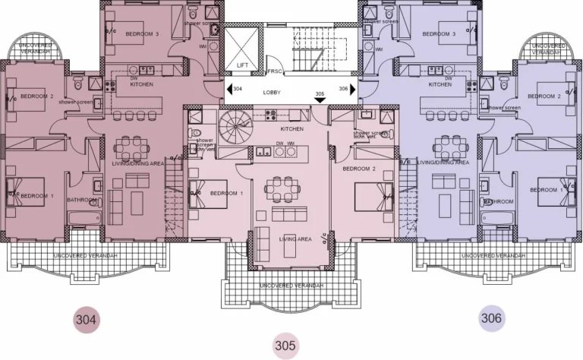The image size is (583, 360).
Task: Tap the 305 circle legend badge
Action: (285, 346)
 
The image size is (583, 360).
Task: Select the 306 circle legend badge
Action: (491, 318)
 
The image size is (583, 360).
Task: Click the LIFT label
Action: (242, 66)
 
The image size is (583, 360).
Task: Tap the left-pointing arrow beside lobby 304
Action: (228, 90)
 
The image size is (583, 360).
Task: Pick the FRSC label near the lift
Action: (275, 71)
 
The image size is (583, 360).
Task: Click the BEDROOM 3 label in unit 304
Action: (142, 34)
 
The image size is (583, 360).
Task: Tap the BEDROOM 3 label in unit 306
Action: (439, 34)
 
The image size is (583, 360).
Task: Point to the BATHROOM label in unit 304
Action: (82, 201)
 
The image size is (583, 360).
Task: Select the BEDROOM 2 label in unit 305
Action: (359, 168)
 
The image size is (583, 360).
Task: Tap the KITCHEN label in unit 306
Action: (440, 84)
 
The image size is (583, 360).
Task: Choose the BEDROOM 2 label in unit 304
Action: (36, 96)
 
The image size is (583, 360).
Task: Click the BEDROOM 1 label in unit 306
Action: (551, 189)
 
